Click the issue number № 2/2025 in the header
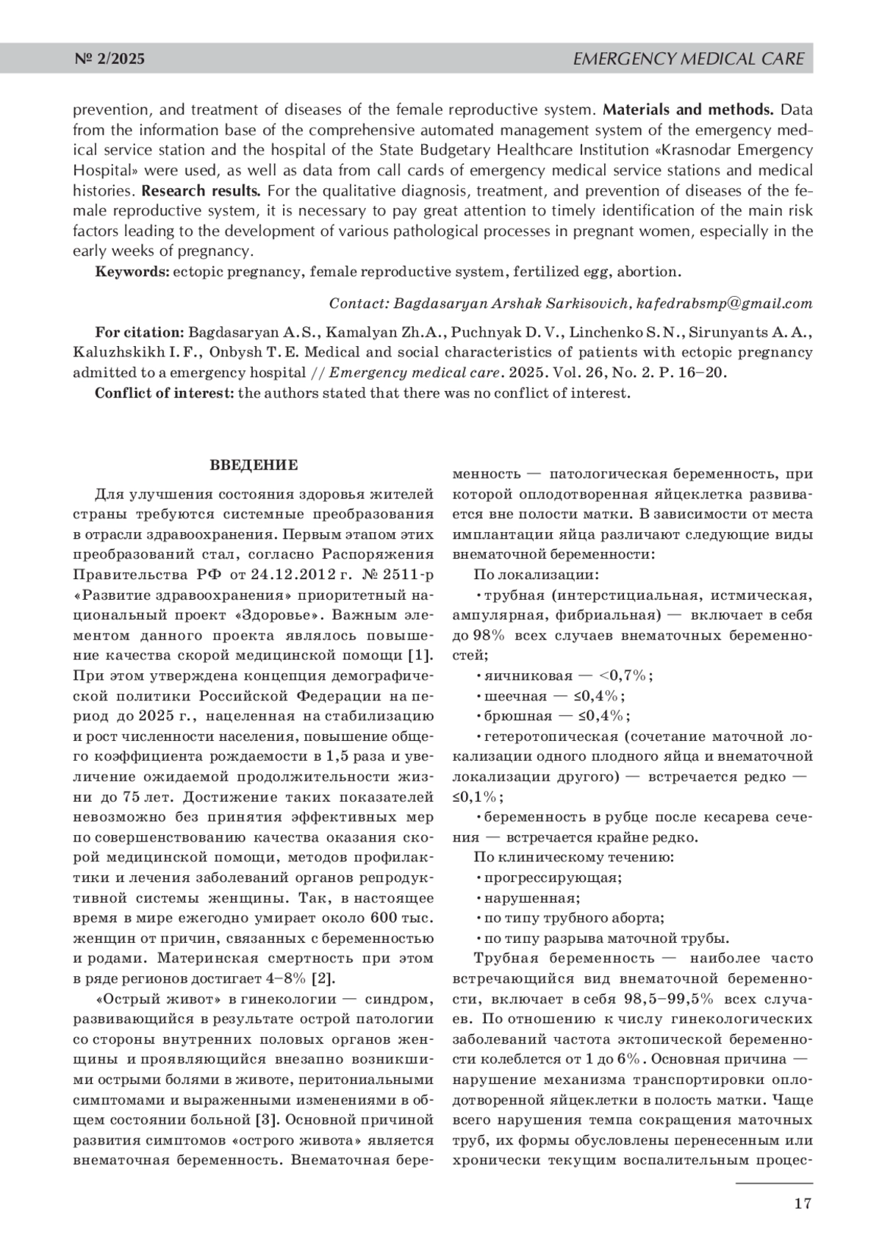click(110, 59)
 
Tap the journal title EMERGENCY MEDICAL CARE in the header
click(688, 59)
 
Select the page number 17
click(802, 1202)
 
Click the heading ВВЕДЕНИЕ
click(254, 465)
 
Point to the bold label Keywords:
click(132, 272)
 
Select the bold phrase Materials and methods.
click(688, 110)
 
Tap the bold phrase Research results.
click(201, 191)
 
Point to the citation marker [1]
click(420, 656)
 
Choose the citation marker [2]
click(323, 978)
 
